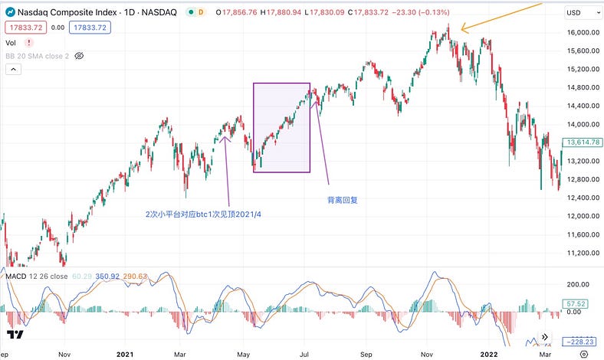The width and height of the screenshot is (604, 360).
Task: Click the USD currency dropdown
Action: tap(580, 13)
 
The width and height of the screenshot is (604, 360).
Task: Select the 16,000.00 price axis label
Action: tap(582, 33)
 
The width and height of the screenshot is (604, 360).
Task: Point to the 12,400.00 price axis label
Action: tap(582, 198)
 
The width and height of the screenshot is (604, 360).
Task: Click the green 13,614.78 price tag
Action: tap(582, 142)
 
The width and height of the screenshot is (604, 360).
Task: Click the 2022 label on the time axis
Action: tap(487, 354)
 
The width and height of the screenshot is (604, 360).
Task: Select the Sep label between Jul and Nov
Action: tap(366, 354)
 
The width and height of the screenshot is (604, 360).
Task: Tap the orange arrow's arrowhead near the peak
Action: tap(461, 31)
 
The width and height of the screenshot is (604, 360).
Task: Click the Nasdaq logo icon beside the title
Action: tap(11, 13)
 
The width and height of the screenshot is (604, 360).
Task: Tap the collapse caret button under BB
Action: tap(12, 70)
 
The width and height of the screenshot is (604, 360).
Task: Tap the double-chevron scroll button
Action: tap(545, 336)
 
